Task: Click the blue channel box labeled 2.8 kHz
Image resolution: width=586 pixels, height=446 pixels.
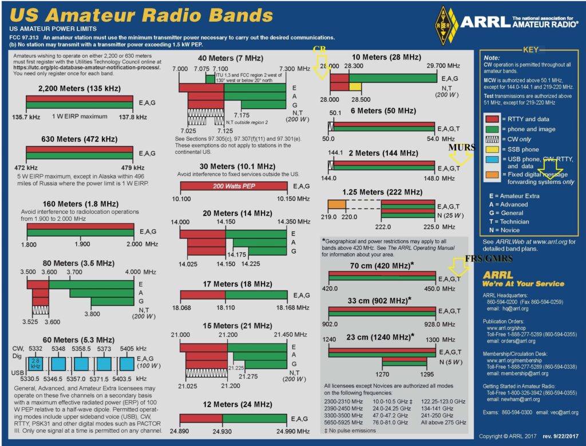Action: [x=35, y=363]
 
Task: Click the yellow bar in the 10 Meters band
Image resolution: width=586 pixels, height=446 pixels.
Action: [x=355, y=86]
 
